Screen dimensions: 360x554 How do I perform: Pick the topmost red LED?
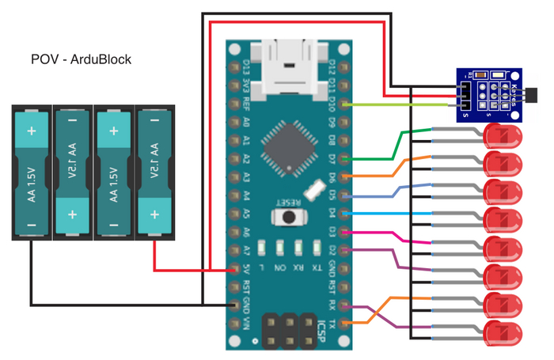(x=502, y=136)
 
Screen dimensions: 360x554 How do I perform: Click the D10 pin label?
(x=332, y=103)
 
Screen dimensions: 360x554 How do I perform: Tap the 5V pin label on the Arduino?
(x=248, y=268)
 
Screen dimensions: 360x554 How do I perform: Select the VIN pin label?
(x=248, y=324)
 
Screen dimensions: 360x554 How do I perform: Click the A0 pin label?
(x=248, y=123)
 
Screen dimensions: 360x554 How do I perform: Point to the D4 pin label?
(x=332, y=214)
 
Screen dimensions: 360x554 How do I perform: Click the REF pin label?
(x=248, y=103)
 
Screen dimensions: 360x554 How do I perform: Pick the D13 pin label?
(x=248, y=66)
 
